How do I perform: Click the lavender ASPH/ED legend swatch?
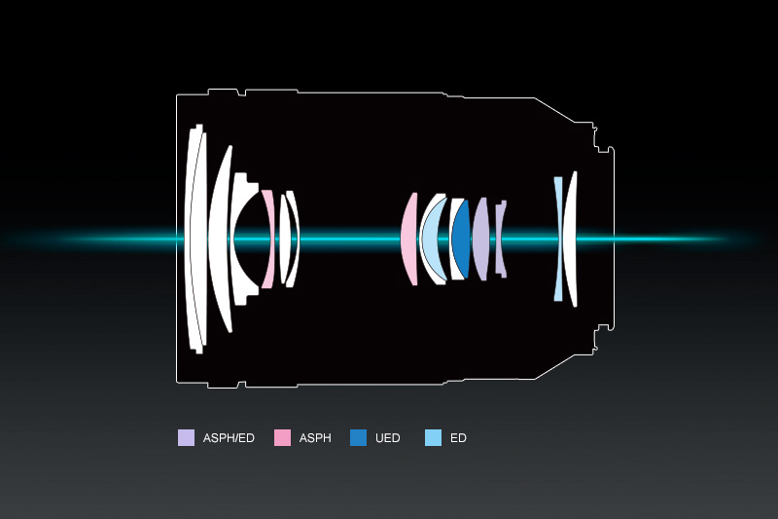point(186,437)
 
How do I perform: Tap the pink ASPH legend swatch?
point(282,437)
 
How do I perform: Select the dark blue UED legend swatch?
point(358,437)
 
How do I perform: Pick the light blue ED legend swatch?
point(433,437)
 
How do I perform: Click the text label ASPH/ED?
point(229,438)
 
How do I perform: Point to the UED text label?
point(387,438)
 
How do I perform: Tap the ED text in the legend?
point(458,438)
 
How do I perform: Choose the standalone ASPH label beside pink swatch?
point(315,438)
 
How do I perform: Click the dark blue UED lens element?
point(461,239)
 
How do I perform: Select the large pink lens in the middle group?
point(408,239)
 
